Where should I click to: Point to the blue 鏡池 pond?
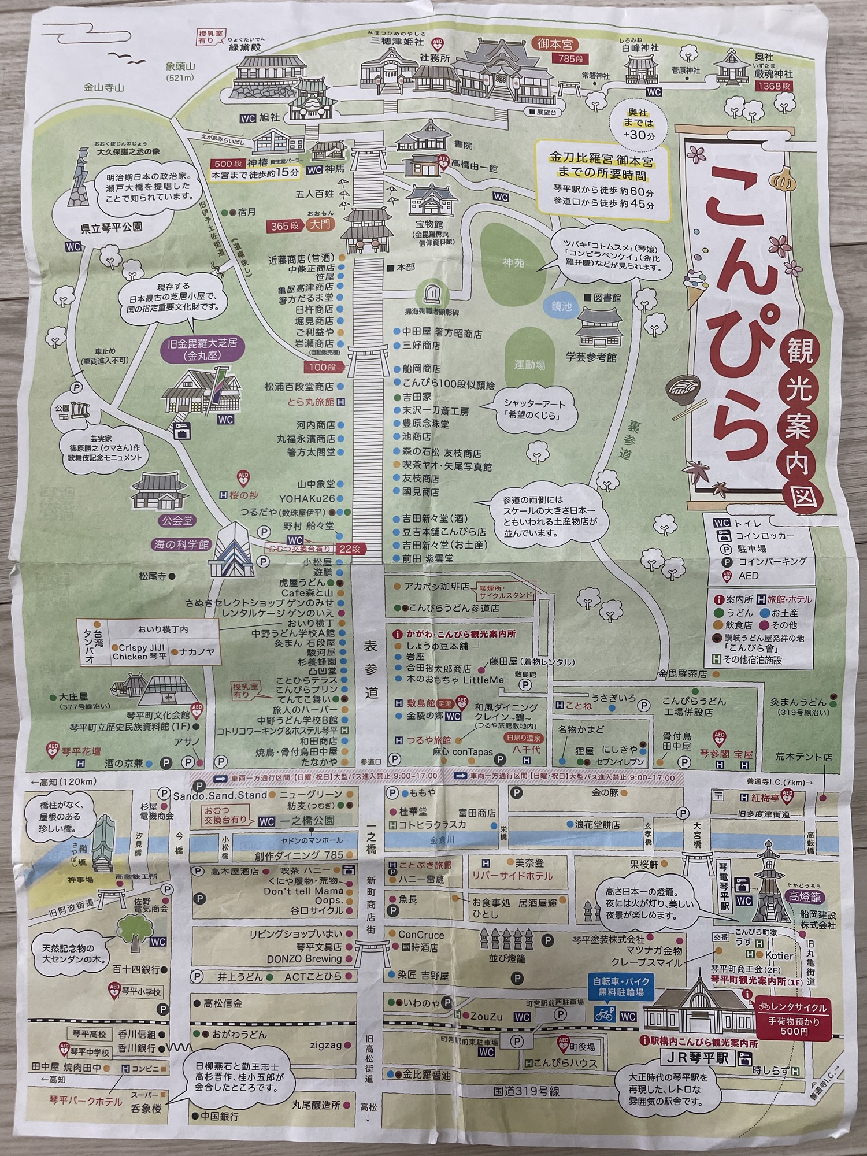coord(561,306)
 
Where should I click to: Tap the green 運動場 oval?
coord(529,365)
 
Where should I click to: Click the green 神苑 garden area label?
coord(513,262)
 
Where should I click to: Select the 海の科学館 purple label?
coord(181,544)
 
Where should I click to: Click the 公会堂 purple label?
coord(177,521)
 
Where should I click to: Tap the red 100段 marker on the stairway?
coord(322,368)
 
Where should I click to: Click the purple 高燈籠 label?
coord(806,896)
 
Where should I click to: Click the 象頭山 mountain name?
coord(180,66)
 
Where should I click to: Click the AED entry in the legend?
coord(747,576)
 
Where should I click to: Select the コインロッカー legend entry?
coord(764,536)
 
